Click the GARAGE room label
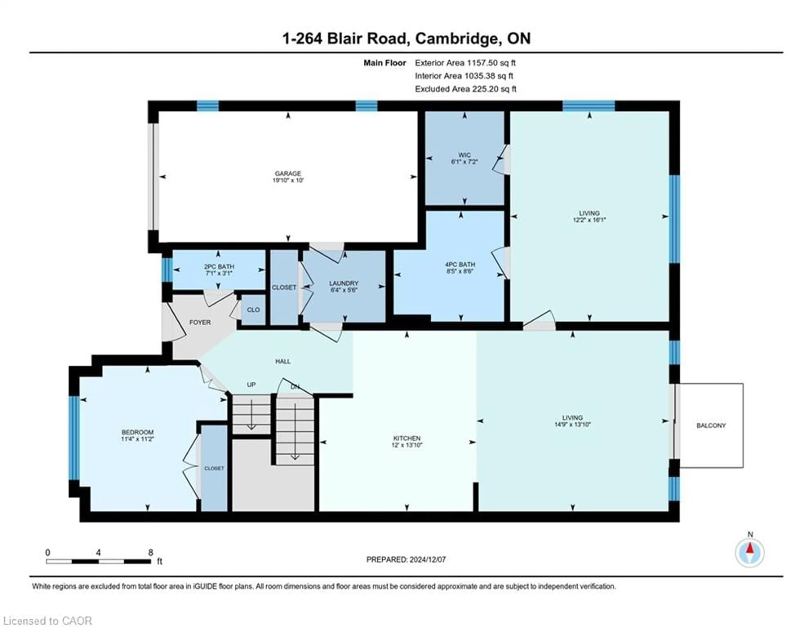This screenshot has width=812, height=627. pyautogui.click(x=288, y=173)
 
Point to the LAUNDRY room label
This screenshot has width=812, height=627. pyautogui.click(x=344, y=283)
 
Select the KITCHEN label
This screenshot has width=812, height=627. pyautogui.click(x=407, y=439)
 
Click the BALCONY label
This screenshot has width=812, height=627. pyautogui.click(x=711, y=425)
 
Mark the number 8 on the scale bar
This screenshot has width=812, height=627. pyautogui.click(x=151, y=553)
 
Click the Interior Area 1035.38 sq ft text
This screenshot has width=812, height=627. pyautogui.click(x=464, y=76)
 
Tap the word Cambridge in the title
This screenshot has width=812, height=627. pyautogui.click(x=457, y=38)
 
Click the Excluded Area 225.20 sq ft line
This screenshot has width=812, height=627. pyautogui.click(x=465, y=89)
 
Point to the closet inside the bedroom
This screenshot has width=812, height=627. pyautogui.click(x=214, y=468)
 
